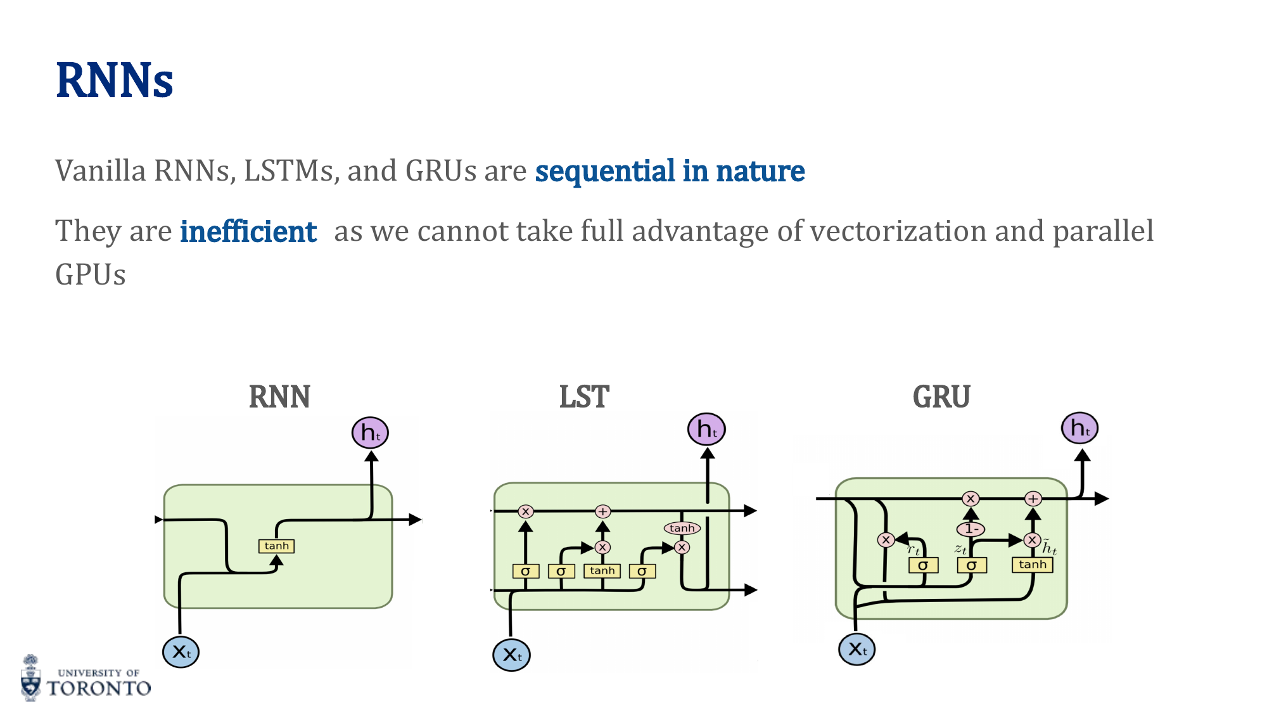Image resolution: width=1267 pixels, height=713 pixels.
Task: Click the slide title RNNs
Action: point(115,80)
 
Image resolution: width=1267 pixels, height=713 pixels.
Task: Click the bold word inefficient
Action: point(248,231)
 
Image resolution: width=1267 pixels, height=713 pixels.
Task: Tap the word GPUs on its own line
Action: point(91,275)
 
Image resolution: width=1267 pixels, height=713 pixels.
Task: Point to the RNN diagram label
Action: point(279,397)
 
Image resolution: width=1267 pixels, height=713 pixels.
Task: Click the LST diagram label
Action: point(584,397)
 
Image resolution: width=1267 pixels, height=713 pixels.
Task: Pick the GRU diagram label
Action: point(941,397)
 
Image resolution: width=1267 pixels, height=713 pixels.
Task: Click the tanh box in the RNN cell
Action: point(277,546)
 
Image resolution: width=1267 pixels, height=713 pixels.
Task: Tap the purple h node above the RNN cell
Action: point(370,433)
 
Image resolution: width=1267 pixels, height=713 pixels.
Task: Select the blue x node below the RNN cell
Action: point(181,652)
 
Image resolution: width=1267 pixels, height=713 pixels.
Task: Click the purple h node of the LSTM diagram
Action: point(706,430)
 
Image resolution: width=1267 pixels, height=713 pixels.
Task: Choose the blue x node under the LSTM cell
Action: point(511,655)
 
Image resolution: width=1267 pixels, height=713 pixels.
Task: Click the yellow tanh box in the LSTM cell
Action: point(602,571)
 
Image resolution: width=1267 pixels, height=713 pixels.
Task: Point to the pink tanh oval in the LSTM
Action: point(682,528)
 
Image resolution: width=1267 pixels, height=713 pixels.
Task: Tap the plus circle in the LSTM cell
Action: point(602,511)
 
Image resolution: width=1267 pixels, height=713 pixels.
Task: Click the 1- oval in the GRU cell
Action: point(971,529)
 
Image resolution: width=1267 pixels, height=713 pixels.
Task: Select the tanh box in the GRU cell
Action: point(1033,565)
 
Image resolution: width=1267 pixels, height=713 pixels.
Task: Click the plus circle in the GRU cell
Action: point(1033,499)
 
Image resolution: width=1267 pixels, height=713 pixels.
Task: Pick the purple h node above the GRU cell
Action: point(1079,428)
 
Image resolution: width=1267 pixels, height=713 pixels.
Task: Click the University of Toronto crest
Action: point(30,678)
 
